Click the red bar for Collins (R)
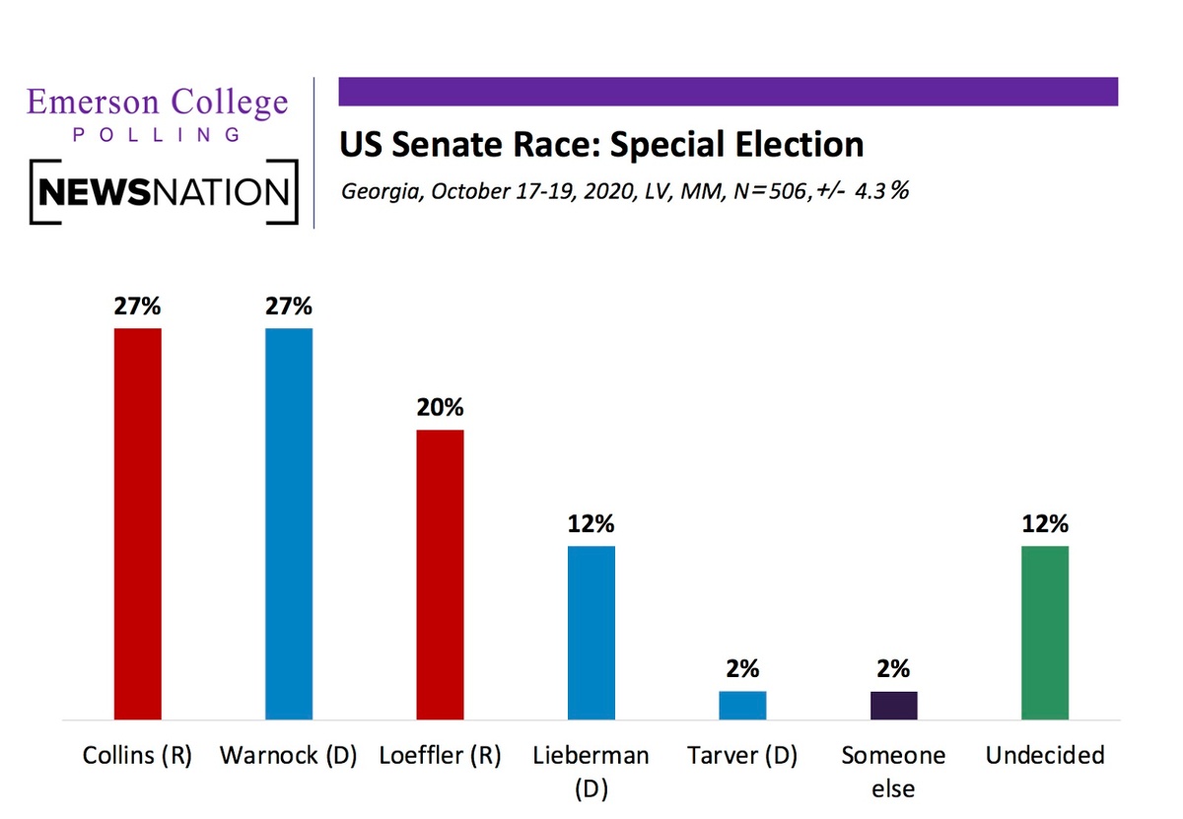[138, 523]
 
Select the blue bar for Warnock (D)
[289, 523]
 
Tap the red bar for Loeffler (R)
[440, 575]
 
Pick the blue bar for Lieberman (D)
[591, 633]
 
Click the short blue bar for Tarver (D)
[742, 706]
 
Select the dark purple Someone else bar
[893, 706]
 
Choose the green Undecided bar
[1045, 633]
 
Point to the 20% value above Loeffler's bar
[440, 408]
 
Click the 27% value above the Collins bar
[138, 306]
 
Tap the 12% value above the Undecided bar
[1045, 523]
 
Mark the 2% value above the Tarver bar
[742, 669]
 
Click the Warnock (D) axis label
[288, 756]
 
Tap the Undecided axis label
[1045, 756]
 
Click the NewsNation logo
[164, 191]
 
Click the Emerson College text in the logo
[158, 102]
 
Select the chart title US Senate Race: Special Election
[601, 145]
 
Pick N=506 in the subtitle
[765, 190]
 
